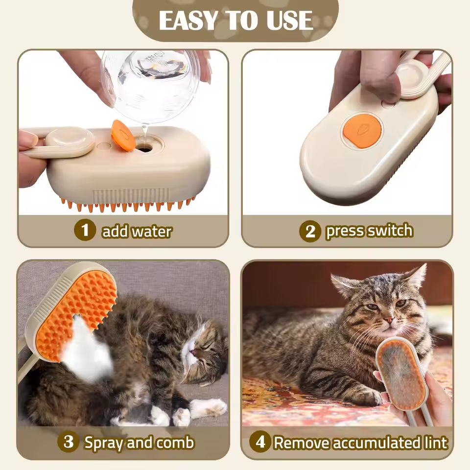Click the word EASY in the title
188,20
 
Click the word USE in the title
288,20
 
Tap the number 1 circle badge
85,230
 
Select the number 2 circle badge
310,231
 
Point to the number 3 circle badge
68,442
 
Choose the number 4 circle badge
260,442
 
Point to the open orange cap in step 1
123,136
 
